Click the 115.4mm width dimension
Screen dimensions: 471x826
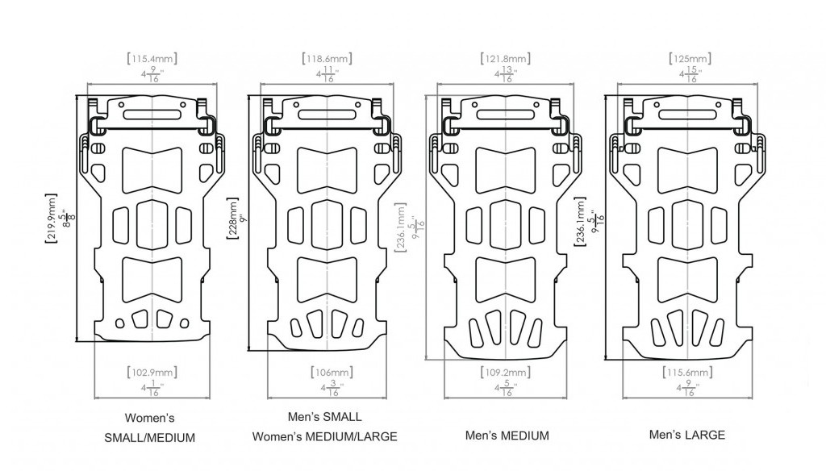tap(152, 59)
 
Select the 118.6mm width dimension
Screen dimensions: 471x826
tap(327, 59)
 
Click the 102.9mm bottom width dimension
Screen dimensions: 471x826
tap(152, 373)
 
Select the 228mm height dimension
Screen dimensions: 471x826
tap(234, 222)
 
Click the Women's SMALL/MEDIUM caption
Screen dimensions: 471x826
tap(149, 428)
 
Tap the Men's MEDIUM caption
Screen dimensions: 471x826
tap(507, 436)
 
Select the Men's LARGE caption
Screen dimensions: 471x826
tap(687, 435)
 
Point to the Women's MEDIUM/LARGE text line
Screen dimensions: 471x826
tap(324, 437)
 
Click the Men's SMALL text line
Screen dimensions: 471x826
tap(324, 418)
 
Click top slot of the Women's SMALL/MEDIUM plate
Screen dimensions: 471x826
tap(152, 114)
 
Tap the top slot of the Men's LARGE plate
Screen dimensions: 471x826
tap(688, 115)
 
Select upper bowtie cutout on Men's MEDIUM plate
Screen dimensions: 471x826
tap(507, 165)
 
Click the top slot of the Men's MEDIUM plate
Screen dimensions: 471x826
tap(507, 115)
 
